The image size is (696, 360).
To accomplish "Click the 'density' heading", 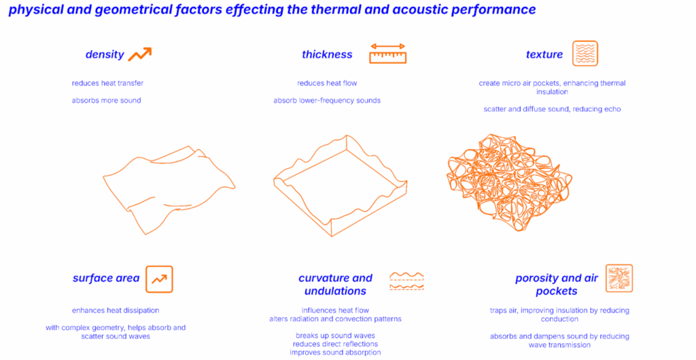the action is pyautogui.click(x=105, y=54).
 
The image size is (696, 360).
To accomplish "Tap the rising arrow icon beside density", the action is pyautogui.click(x=140, y=54).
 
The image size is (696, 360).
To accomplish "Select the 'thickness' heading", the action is pyautogui.click(x=327, y=54).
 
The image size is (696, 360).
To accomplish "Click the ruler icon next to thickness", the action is pyautogui.click(x=388, y=54).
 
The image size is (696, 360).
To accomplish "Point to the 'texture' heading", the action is pyautogui.click(x=544, y=54).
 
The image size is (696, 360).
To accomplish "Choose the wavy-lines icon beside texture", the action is pyautogui.click(x=585, y=53).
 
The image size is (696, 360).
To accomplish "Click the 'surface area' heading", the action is pyautogui.click(x=106, y=278).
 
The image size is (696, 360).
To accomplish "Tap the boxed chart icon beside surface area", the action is pyautogui.click(x=159, y=279).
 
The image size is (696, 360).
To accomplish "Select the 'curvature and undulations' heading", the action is pyautogui.click(x=336, y=285).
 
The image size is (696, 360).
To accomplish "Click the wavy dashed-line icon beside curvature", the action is pyautogui.click(x=406, y=282).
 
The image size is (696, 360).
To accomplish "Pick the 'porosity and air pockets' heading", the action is pyautogui.click(x=557, y=285).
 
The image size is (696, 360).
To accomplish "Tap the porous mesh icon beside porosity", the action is pyautogui.click(x=619, y=278).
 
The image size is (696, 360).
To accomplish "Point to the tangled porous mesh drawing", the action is pyautogui.click(x=509, y=182).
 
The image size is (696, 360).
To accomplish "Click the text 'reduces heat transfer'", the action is pyautogui.click(x=108, y=83).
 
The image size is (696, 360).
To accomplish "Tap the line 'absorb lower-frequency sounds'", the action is pyautogui.click(x=327, y=101).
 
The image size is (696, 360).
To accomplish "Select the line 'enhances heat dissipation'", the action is pyautogui.click(x=116, y=310).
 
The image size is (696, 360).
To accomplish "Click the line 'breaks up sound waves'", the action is pyautogui.click(x=336, y=336).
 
